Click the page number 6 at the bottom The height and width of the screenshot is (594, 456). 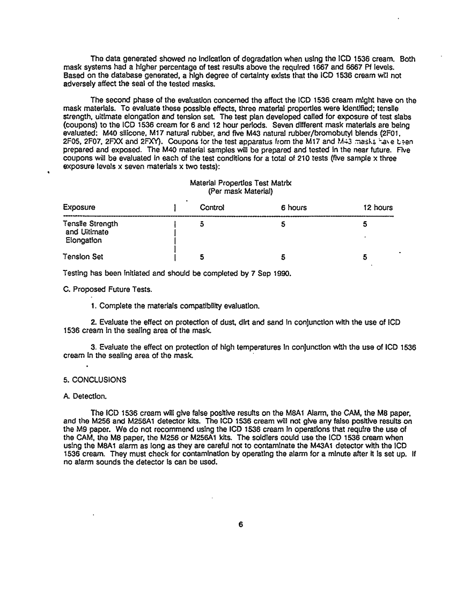click(x=241, y=525)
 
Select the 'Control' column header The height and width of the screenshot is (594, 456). click(x=212, y=208)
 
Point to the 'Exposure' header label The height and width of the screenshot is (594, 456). click(x=79, y=208)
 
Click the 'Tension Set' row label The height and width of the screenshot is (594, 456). click(x=83, y=257)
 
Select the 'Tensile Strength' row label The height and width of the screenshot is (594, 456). click(x=90, y=224)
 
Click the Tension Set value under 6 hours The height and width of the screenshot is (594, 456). click(x=283, y=257)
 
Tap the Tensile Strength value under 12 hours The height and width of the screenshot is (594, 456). click(x=365, y=224)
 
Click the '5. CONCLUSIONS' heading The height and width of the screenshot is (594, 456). click(x=94, y=380)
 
